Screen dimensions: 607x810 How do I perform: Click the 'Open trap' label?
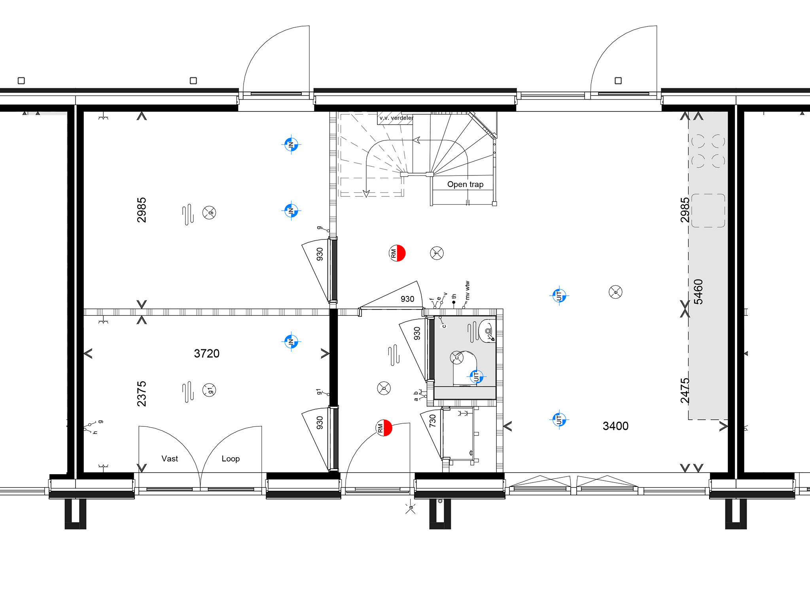click(x=465, y=185)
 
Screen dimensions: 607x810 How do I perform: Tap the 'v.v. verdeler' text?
click(x=396, y=118)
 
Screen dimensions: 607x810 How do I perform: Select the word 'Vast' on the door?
click(x=170, y=459)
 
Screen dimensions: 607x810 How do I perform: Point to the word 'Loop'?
click(x=231, y=459)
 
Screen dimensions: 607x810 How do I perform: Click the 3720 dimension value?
click(x=206, y=354)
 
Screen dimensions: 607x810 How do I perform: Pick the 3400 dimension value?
click(x=615, y=426)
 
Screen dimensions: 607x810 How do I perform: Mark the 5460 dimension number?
click(x=698, y=292)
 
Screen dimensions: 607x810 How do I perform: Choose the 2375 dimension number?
click(x=142, y=394)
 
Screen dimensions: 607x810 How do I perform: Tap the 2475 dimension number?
click(x=685, y=390)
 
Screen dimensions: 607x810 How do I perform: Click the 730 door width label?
click(x=433, y=420)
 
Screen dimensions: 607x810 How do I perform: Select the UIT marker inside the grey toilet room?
click(x=476, y=377)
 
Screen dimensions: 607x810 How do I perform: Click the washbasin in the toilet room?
click(x=487, y=331)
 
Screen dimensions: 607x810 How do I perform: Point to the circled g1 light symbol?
click(x=209, y=390)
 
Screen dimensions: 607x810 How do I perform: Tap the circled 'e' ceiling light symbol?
click(x=615, y=292)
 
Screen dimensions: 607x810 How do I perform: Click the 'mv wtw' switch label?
click(x=467, y=290)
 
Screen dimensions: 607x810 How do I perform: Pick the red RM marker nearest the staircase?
click(x=397, y=253)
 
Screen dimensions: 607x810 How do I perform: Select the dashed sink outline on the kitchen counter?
click(x=708, y=211)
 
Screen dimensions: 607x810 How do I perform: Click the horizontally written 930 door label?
click(x=407, y=299)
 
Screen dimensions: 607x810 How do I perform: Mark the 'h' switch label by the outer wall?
click(x=95, y=432)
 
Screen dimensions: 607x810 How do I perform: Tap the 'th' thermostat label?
click(x=454, y=296)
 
